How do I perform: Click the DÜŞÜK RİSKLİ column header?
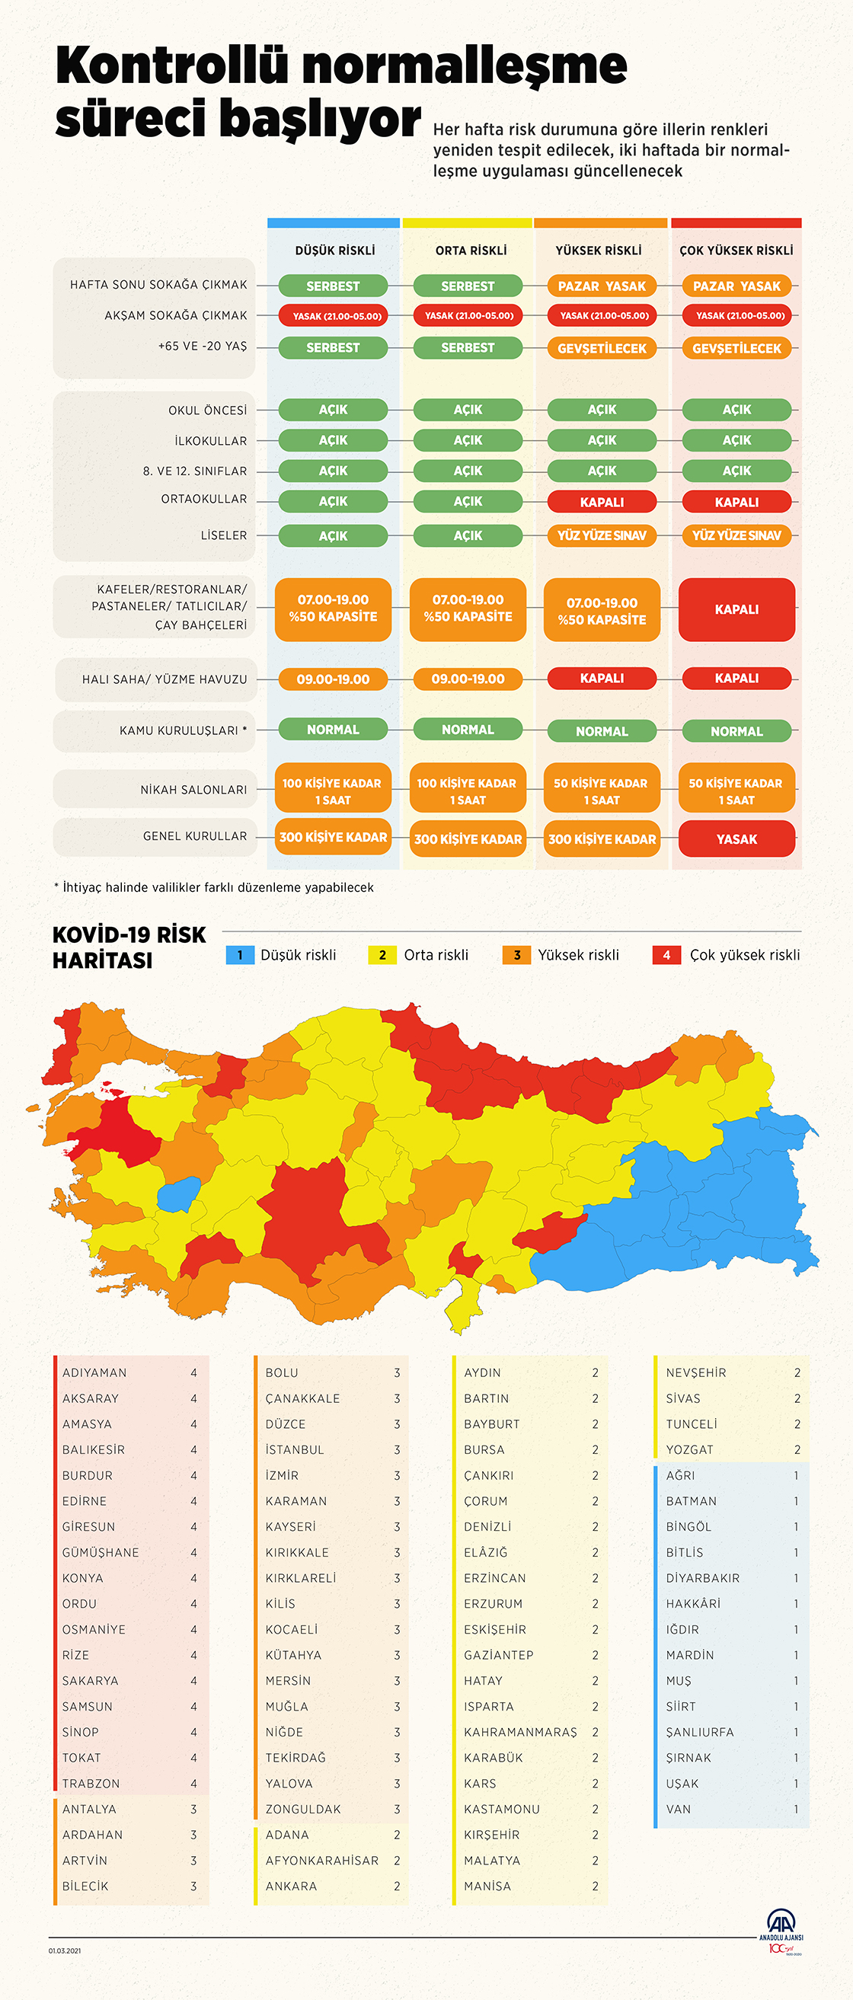pyautogui.click(x=334, y=250)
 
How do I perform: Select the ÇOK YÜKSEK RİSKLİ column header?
pyautogui.click(x=736, y=250)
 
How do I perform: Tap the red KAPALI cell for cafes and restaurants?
pyautogui.click(x=736, y=609)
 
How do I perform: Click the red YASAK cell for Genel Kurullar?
pyautogui.click(x=736, y=839)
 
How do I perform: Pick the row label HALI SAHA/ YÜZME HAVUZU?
pyautogui.click(x=165, y=679)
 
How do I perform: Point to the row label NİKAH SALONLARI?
pyautogui.click(x=193, y=790)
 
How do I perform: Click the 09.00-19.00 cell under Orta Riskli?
pyautogui.click(x=468, y=679)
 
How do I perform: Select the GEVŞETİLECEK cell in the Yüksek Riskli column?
pyautogui.click(x=602, y=349)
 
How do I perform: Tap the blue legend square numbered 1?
pyautogui.click(x=240, y=955)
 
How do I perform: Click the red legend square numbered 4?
pyautogui.click(x=666, y=955)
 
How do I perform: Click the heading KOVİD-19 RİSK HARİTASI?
pyautogui.click(x=129, y=947)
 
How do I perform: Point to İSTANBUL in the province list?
pyautogui.click(x=295, y=1449)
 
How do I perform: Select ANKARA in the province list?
pyautogui.click(x=291, y=1886)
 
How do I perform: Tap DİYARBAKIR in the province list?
pyautogui.click(x=702, y=1577)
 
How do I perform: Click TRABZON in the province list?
pyautogui.click(x=91, y=1784)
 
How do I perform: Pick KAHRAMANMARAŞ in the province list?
pyautogui.click(x=520, y=1732)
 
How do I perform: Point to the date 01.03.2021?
pyautogui.click(x=65, y=1950)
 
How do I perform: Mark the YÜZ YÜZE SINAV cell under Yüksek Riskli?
pyautogui.click(x=602, y=535)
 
